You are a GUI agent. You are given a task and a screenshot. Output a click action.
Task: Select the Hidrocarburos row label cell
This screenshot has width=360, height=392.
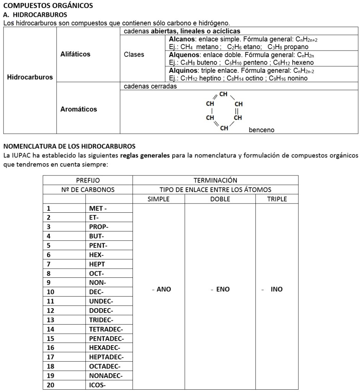click(29, 77)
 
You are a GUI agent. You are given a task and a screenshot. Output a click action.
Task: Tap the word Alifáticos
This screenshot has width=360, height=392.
click(75, 54)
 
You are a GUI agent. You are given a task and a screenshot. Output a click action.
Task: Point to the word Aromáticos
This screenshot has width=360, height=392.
click(79, 109)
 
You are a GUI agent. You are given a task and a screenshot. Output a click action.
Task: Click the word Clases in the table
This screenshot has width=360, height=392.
click(134, 54)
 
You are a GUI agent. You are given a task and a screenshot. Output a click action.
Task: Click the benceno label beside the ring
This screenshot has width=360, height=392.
click(262, 130)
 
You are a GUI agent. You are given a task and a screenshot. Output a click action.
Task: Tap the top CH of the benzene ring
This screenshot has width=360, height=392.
click(224, 94)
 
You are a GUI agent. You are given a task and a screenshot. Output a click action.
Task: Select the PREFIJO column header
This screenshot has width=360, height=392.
click(87, 180)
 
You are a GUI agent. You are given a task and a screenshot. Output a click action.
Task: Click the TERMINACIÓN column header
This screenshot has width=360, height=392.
click(215, 180)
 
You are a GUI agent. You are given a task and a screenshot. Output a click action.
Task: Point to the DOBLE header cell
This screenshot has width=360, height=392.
click(220, 199)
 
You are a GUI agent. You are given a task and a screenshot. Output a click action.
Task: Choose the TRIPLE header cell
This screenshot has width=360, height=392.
click(277, 199)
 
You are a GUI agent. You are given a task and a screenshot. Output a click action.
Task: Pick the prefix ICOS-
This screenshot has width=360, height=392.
click(97, 385)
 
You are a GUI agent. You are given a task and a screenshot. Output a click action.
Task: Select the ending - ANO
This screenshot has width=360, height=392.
click(161, 290)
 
